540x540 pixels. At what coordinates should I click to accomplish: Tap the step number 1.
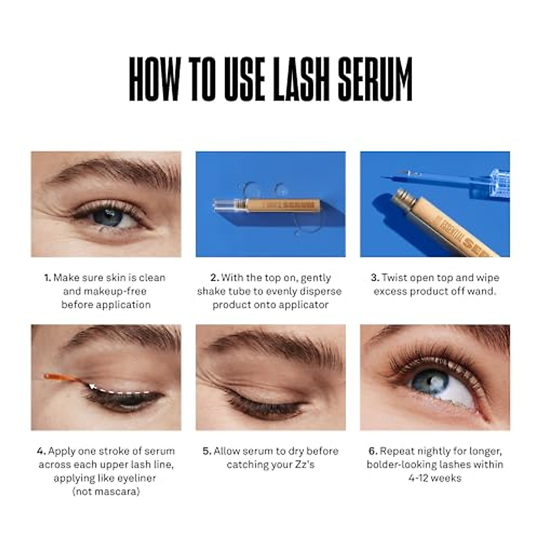click(x=47, y=278)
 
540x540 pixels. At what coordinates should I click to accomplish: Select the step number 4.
click(x=41, y=451)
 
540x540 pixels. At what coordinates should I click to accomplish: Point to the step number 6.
click(x=373, y=451)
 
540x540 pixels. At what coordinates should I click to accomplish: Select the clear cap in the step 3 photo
click(x=493, y=180)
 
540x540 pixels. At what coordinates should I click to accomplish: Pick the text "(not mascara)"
click(x=106, y=491)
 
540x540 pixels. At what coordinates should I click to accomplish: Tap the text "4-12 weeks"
click(x=435, y=478)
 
